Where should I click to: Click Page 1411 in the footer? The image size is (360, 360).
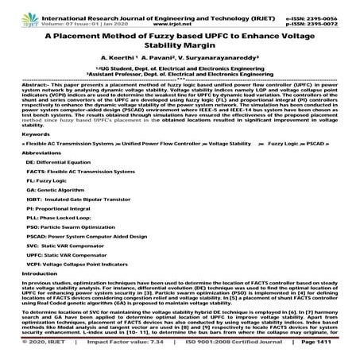coord(332,350)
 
